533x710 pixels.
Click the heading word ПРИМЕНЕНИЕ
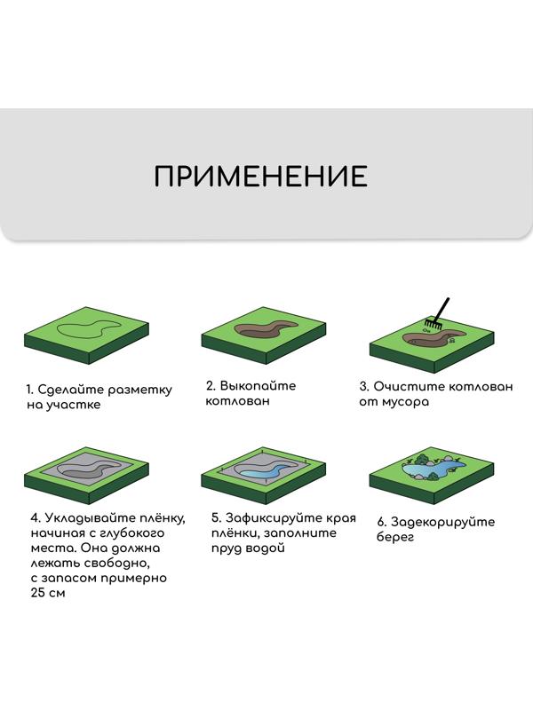pyautogui.click(x=260, y=176)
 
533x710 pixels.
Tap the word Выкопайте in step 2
pyautogui.click(x=259, y=386)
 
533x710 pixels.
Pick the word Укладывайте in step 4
pyautogui.click(x=85, y=517)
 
